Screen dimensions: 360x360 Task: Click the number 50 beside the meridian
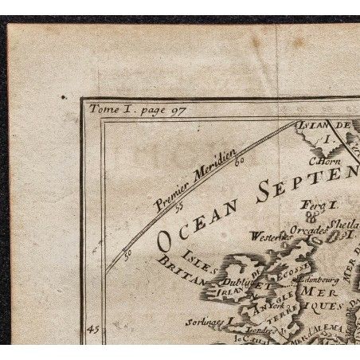127,256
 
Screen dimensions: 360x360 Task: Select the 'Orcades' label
307,231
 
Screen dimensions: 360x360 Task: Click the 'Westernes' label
269,236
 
